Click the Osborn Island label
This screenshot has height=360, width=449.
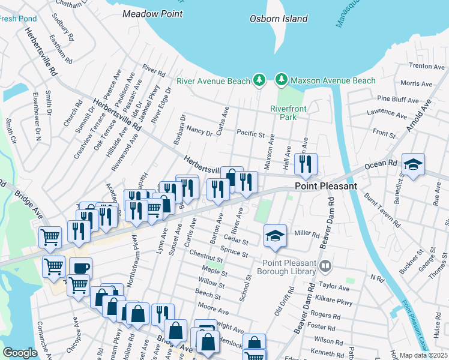pyautogui.click(x=279, y=19)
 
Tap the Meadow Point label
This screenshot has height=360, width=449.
pyautogui.click(x=151, y=13)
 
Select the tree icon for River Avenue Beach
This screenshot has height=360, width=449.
pyautogui.click(x=259, y=80)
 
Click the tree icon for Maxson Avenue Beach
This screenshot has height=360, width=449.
pyautogui.click(x=280, y=80)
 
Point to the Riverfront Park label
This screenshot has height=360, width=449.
pyautogui.click(x=283, y=112)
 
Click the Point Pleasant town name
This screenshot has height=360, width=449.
pyautogui.click(x=326, y=186)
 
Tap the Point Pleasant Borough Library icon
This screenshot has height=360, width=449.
pyautogui.click(x=325, y=265)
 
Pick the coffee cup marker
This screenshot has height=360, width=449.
pyautogui.click(x=80, y=268)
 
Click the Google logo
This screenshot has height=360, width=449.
pyautogui.click(x=20, y=353)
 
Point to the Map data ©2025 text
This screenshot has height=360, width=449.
pyautogui.click(x=424, y=355)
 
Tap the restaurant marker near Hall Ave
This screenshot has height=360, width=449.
pyautogui.click(x=306, y=164)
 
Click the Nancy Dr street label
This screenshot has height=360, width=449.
pyautogui.click(x=199, y=130)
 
